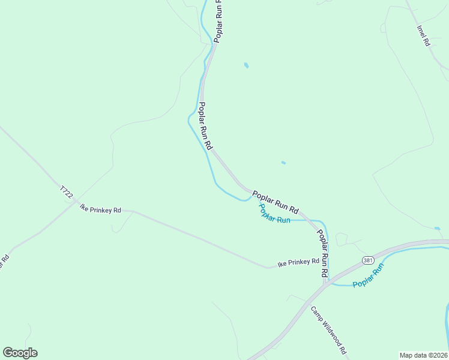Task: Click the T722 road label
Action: pos(66,193)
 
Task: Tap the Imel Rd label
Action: pos(423,36)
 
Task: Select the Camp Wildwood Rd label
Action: pos(329,330)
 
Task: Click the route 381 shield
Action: pos(368,260)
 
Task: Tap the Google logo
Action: pos(20,353)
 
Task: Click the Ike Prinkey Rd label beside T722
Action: pos(101,209)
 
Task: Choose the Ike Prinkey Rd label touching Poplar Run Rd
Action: pos(298,262)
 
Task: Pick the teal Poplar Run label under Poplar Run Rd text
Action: pos(274,214)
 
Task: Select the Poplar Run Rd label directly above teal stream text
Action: pos(276,202)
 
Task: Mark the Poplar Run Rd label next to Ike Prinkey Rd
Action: pos(323,253)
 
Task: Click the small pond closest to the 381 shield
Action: pos(437,228)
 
